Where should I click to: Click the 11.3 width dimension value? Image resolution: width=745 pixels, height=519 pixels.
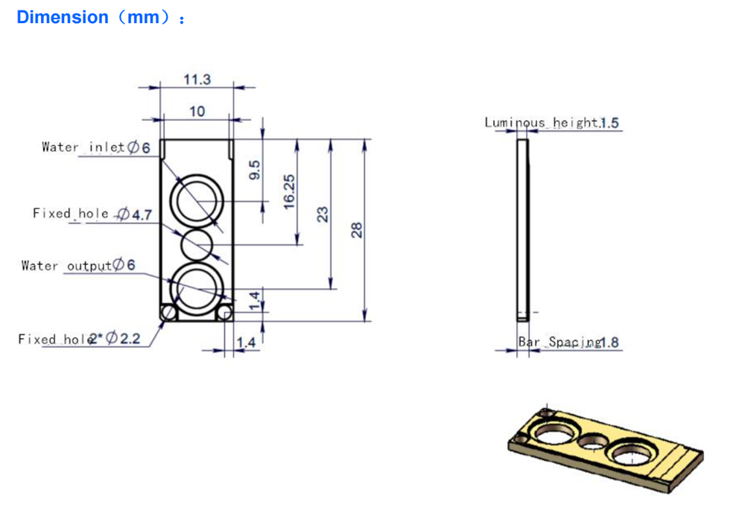(197, 79)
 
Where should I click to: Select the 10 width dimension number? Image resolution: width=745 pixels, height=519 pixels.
(197, 112)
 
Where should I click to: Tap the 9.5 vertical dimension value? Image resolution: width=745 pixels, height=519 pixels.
(255, 170)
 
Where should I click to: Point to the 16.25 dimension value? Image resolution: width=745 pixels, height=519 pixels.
(289, 192)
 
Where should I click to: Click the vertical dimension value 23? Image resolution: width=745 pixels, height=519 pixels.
(323, 214)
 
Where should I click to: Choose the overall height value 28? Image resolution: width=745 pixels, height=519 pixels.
(356, 230)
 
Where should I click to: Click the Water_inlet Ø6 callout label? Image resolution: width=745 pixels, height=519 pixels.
(96, 147)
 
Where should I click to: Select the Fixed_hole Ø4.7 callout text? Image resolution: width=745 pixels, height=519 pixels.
(92, 214)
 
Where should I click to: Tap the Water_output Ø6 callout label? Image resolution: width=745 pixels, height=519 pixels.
(78, 265)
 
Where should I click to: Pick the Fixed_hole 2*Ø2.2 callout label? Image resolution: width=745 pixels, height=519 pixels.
(79, 339)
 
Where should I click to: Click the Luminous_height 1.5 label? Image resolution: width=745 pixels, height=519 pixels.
(551, 123)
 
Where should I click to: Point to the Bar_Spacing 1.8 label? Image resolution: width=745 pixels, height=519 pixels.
(568, 342)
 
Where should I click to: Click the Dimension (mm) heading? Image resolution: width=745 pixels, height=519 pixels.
(101, 18)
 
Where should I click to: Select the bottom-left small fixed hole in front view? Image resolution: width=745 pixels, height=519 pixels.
(168, 313)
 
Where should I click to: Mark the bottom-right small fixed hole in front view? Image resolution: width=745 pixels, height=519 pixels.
(224, 313)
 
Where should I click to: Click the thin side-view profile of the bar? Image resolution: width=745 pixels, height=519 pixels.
(523, 230)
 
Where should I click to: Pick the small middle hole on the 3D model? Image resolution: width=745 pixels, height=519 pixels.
(593, 442)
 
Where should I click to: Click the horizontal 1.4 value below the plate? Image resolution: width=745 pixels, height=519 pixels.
(246, 343)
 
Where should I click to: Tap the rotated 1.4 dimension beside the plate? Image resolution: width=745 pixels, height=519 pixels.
(255, 301)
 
